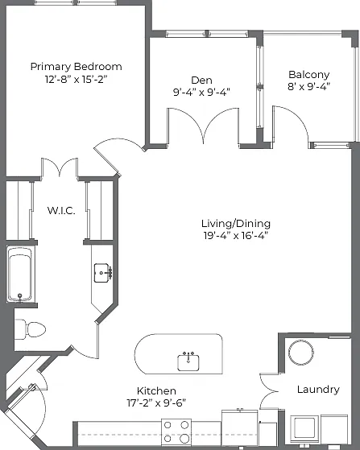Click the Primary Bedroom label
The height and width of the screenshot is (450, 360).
(x=76, y=67)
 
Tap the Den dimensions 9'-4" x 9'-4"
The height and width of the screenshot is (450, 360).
(x=201, y=92)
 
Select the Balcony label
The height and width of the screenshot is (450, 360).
(x=309, y=75)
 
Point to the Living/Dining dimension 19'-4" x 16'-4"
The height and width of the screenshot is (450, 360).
(x=236, y=235)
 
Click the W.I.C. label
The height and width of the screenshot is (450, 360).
(x=61, y=210)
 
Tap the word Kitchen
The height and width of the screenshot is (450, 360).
(x=156, y=390)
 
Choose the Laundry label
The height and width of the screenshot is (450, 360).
(x=318, y=390)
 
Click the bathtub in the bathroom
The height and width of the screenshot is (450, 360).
(x=20, y=275)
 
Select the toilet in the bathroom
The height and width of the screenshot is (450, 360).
(x=30, y=329)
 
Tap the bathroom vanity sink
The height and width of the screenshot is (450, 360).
(x=102, y=273)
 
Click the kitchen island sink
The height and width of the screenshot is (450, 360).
(x=188, y=362)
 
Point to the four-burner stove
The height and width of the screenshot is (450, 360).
(x=176, y=431)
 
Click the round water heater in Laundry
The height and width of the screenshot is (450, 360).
(x=301, y=353)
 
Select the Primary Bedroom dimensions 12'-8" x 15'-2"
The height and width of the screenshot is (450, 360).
(x=76, y=79)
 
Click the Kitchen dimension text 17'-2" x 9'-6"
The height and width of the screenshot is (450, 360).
(x=156, y=403)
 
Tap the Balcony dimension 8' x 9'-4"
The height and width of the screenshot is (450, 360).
(x=309, y=86)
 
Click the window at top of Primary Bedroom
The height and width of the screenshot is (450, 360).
(x=75, y=3)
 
